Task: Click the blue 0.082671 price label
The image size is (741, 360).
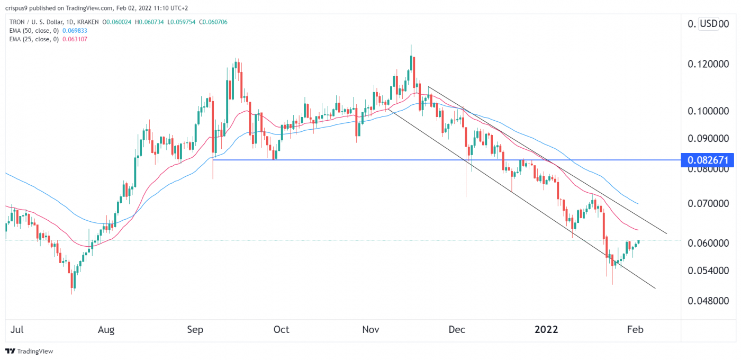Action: pos(707,160)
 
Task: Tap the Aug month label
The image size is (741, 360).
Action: pos(106,330)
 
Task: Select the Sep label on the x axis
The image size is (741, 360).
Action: pos(195,330)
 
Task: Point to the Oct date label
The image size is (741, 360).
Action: pos(281,330)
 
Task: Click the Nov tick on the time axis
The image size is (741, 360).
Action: pos(371,330)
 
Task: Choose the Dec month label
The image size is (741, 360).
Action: pos(456,330)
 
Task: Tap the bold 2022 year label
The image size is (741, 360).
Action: pos(546,330)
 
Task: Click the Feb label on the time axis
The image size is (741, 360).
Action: pos(635,330)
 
